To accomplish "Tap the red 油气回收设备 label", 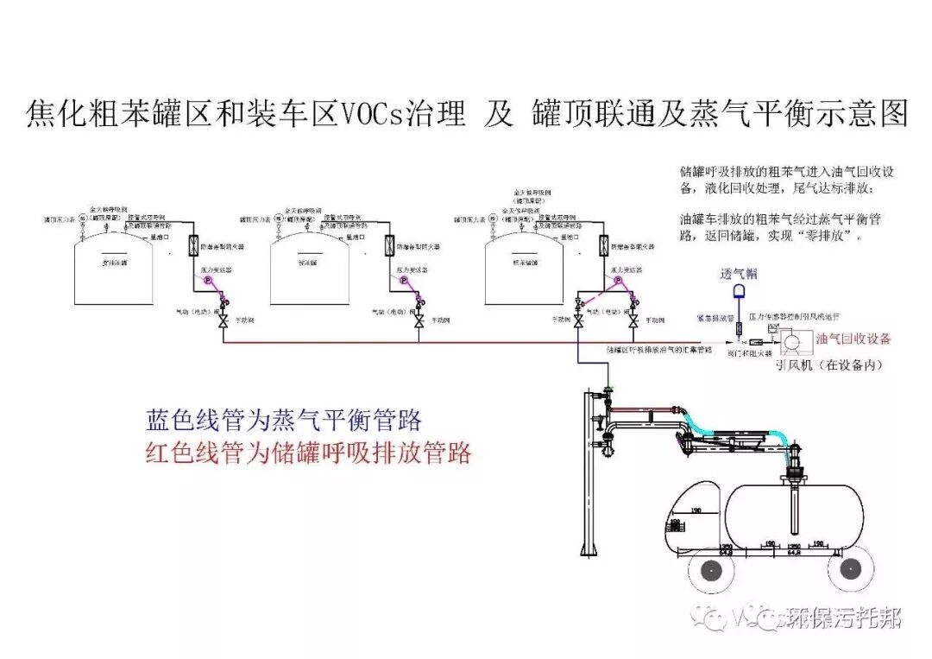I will click(x=853, y=339).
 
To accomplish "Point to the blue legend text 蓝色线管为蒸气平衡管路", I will click(x=285, y=421).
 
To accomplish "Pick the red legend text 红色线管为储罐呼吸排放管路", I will click(x=309, y=453).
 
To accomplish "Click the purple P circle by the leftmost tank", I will click(x=207, y=281).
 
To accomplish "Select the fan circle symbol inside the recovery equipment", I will click(x=789, y=344).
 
